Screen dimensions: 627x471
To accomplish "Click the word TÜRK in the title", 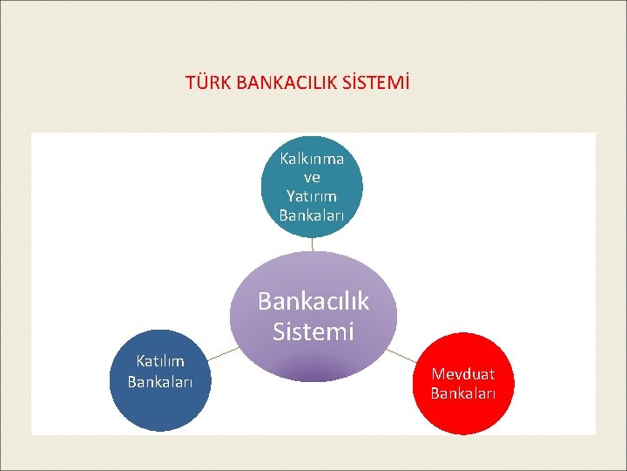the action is (x=204, y=84).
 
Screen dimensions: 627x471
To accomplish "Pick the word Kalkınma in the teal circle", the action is (x=312, y=159).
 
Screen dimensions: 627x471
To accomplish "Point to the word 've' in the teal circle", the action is (x=312, y=177).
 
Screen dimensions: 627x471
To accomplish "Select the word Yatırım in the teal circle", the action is (x=312, y=195).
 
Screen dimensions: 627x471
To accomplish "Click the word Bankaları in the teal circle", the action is (x=312, y=215).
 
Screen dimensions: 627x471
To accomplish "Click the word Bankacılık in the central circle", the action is (x=313, y=301).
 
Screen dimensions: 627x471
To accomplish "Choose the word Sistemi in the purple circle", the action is (x=313, y=331).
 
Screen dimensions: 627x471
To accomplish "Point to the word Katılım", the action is (x=159, y=360).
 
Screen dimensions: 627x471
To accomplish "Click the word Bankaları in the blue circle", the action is (x=159, y=381).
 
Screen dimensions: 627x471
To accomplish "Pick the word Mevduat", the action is (x=463, y=374).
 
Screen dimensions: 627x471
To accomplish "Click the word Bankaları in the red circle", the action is (x=463, y=393).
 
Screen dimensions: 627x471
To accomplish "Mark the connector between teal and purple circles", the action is (x=312, y=245).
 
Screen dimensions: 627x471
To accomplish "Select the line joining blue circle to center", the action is (x=223, y=353).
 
